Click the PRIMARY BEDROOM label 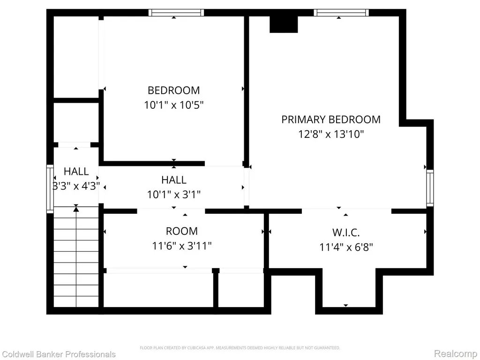pos(331,120)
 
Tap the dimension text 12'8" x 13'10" pos(331,134)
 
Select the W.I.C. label pos(346,232)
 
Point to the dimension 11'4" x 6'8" pos(346,247)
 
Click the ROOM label pos(182,231)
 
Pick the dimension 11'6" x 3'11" pos(182,246)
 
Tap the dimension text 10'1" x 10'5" pos(174,105)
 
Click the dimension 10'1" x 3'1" pos(174,195)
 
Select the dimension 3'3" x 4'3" pos(76,186)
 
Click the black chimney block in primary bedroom pos(284,24)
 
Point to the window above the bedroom pos(176,13)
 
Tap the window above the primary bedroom pos(341,13)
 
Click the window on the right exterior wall pos(430,188)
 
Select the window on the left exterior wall pos(50,189)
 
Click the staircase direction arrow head pos(76,209)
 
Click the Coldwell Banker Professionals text pos(59,354)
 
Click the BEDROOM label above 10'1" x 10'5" pos(174,90)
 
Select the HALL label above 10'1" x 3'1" pos(174,180)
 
